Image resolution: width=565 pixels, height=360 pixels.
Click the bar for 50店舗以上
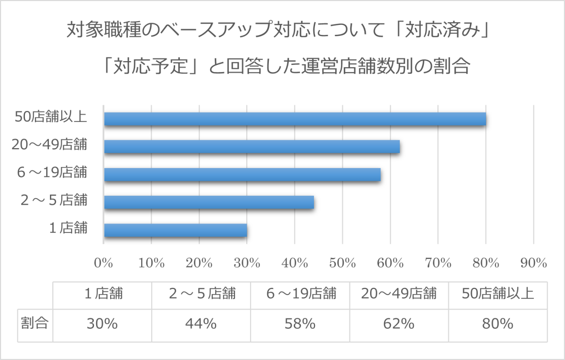(295, 119)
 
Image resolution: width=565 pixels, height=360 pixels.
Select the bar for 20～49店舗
(252, 147)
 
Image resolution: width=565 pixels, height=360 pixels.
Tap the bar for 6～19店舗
(242, 175)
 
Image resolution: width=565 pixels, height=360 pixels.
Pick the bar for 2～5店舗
(209, 202)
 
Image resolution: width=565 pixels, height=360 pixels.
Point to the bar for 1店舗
(176, 231)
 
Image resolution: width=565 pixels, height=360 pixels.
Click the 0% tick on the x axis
(104, 263)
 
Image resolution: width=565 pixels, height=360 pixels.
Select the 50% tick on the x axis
(342, 263)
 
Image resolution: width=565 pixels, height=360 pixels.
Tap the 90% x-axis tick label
(533, 263)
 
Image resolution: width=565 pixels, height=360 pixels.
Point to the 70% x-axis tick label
(438, 263)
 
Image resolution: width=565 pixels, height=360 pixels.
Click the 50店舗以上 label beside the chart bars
(51, 117)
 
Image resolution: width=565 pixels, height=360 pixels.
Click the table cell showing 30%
(102, 324)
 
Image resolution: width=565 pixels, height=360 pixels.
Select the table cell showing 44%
(201, 324)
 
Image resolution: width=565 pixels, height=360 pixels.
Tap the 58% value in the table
(300, 324)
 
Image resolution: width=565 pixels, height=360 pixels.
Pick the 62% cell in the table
(399, 324)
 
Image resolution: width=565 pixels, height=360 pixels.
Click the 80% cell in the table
(498, 324)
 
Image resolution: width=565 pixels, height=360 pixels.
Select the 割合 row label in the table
(35, 324)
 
